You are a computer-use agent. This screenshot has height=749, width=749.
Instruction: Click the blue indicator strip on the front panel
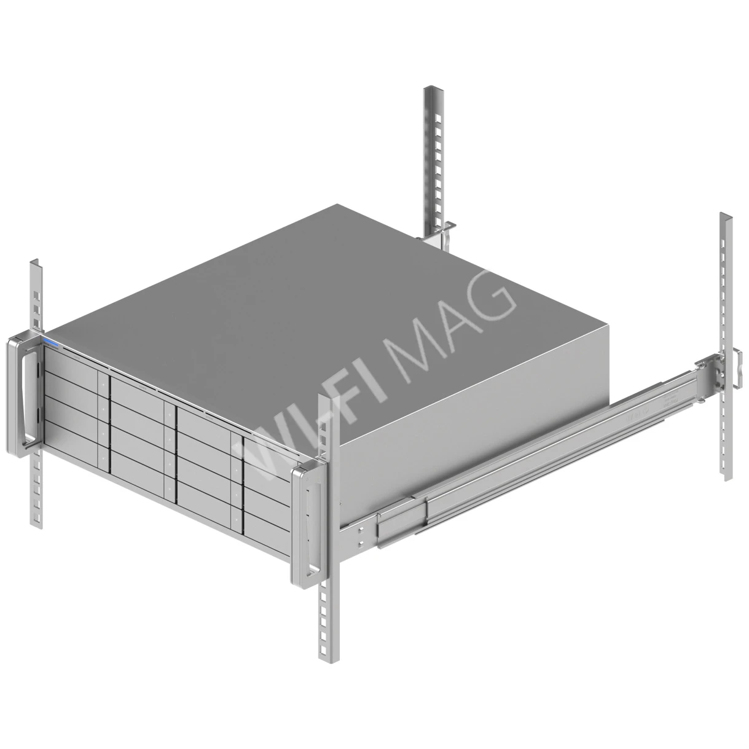[50, 344]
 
